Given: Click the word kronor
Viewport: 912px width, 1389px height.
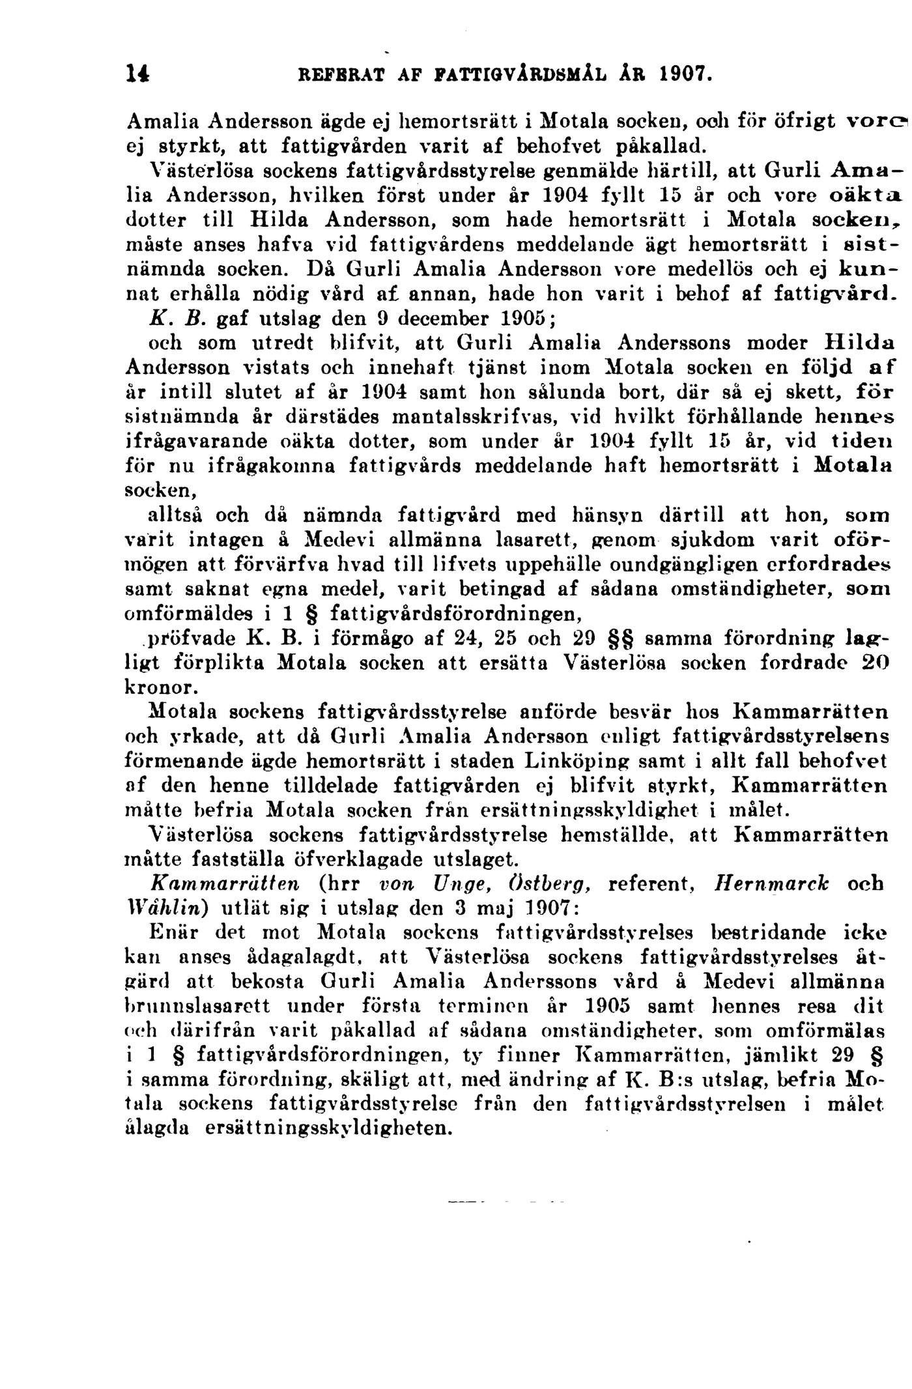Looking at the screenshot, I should click(x=158, y=687).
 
